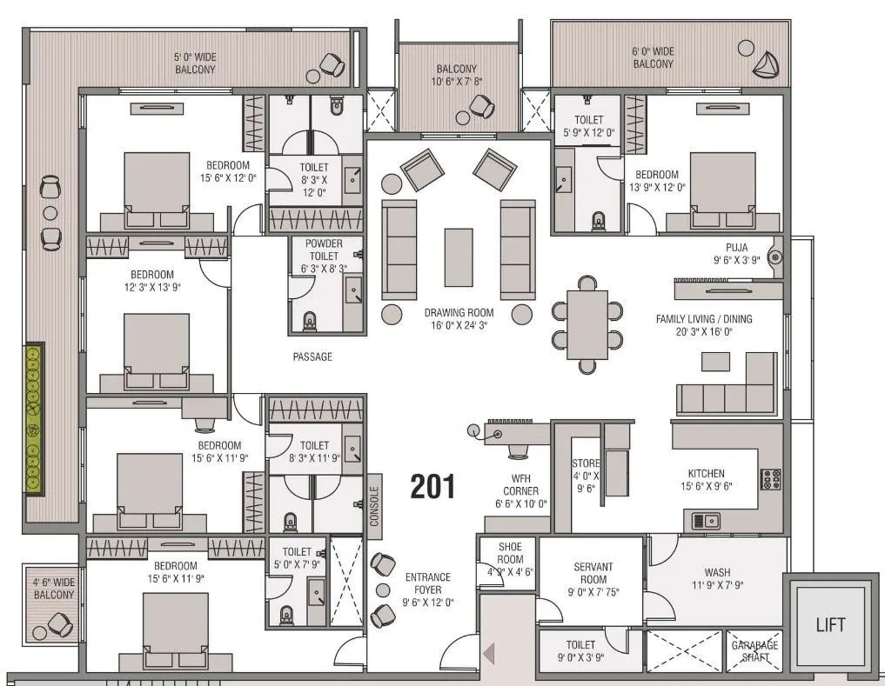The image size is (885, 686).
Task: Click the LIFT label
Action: click(x=830, y=624)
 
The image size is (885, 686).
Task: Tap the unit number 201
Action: click(x=432, y=487)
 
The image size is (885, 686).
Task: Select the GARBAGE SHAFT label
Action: click(x=754, y=651)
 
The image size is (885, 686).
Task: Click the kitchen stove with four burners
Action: click(x=771, y=479)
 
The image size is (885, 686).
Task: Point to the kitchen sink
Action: click(x=706, y=520)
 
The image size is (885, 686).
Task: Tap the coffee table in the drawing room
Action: click(x=459, y=256)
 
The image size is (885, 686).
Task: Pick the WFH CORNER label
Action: click(x=520, y=490)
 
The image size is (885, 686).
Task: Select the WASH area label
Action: click(x=717, y=579)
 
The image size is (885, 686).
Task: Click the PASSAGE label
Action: click(x=312, y=356)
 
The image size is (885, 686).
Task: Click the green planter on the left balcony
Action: click(x=34, y=419)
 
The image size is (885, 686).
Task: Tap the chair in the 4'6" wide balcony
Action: click(x=58, y=623)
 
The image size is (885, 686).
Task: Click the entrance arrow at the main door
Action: click(x=489, y=651)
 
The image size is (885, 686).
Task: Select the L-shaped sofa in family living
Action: click(x=727, y=388)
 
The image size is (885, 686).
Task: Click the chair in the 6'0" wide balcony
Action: click(x=767, y=63)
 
